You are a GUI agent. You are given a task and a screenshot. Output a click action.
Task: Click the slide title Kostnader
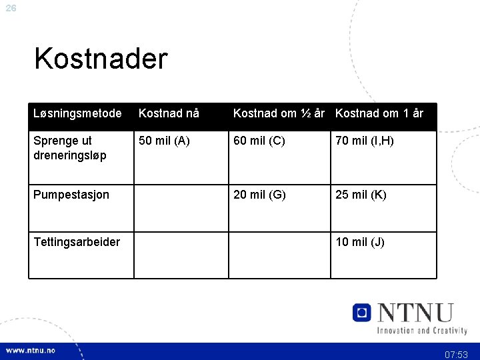click(101, 59)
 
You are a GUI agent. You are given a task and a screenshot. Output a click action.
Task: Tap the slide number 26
click(11, 9)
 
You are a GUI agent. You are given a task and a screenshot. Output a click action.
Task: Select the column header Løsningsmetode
click(77, 113)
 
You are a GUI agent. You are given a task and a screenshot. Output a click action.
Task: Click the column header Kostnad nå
click(169, 113)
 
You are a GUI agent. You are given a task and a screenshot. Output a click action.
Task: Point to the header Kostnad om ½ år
click(279, 113)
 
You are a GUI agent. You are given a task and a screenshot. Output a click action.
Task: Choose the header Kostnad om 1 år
click(379, 113)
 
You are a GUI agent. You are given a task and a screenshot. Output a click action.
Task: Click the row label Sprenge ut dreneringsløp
click(70, 148)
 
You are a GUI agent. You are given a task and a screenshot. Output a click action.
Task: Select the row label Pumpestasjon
click(71, 195)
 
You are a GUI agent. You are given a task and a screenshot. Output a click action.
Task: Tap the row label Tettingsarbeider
click(77, 242)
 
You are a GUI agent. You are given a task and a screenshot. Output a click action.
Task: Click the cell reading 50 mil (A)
click(164, 141)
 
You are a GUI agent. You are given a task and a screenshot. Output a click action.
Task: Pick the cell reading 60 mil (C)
click(259, 141)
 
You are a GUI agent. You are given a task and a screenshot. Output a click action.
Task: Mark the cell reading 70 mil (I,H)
click(365, 141)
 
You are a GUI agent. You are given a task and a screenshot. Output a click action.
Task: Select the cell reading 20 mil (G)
click(259, 195)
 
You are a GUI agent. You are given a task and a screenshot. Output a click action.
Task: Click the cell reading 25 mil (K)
click(361, 195)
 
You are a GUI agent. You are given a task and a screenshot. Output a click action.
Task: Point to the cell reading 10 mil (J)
click(360, 242)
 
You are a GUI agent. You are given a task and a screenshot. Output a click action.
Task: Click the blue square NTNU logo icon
click(362, 312)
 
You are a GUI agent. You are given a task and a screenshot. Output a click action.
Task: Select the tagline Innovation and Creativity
click(422, 330)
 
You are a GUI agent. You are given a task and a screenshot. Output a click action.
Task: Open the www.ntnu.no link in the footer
click(31, 351)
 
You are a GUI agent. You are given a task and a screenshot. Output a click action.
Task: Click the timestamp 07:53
click(457, 355)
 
